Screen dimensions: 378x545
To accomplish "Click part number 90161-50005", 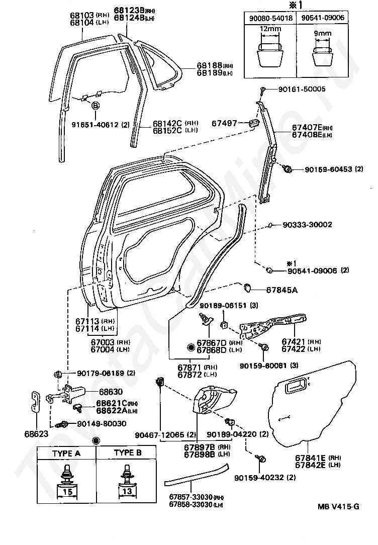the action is (x=302, y=89).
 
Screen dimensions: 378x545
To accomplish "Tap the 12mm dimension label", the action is (x=270, y=29).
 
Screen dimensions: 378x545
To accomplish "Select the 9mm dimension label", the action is (x=322, y=33).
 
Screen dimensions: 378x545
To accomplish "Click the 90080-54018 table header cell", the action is (x=270, y=18).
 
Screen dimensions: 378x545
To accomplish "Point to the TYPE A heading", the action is (x=66, y=453).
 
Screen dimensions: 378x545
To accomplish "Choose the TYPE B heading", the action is (x=128, y=452).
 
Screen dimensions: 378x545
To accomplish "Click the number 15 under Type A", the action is (x=67, y=492).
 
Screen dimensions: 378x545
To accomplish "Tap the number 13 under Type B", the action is (x=127, y=491).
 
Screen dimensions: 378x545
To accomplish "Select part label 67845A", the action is (x=282, y=290).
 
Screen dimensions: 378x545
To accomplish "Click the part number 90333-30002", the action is (x=307, y=225).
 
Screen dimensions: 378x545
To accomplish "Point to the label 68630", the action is (x=111, y=392).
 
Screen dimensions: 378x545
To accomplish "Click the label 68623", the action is (x=37, y=434).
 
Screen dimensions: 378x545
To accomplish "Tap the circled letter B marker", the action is (x=95, y=105).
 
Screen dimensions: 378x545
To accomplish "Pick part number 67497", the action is (x=224, y=123).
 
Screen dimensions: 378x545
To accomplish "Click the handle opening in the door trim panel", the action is (x=296, y=387).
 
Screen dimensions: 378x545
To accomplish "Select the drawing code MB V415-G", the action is (x=338, y=506).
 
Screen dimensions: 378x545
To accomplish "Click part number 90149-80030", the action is (x=102, y=424).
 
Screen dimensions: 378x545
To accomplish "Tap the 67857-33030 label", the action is (x=191, y=497).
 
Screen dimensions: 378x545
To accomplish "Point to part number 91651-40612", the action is (x=95, y=124).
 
